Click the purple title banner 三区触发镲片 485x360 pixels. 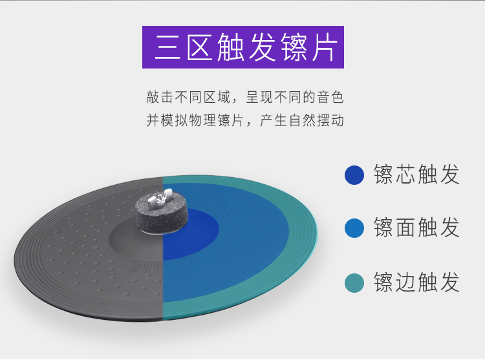[243, 47]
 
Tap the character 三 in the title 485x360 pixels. [167, 48]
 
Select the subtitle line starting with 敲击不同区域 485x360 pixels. [245, 97]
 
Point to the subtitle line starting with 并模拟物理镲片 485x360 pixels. [245, 120]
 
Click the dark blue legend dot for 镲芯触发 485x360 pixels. [354, 175]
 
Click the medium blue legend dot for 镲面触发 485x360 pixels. [354, 228]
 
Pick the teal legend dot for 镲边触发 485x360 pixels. [354, 282]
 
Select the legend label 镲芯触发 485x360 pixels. [416, 175]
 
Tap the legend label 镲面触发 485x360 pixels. [416, 228]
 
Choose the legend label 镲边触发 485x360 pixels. [416, 282]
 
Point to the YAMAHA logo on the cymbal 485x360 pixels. [158, 267]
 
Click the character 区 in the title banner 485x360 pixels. [199, 48]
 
